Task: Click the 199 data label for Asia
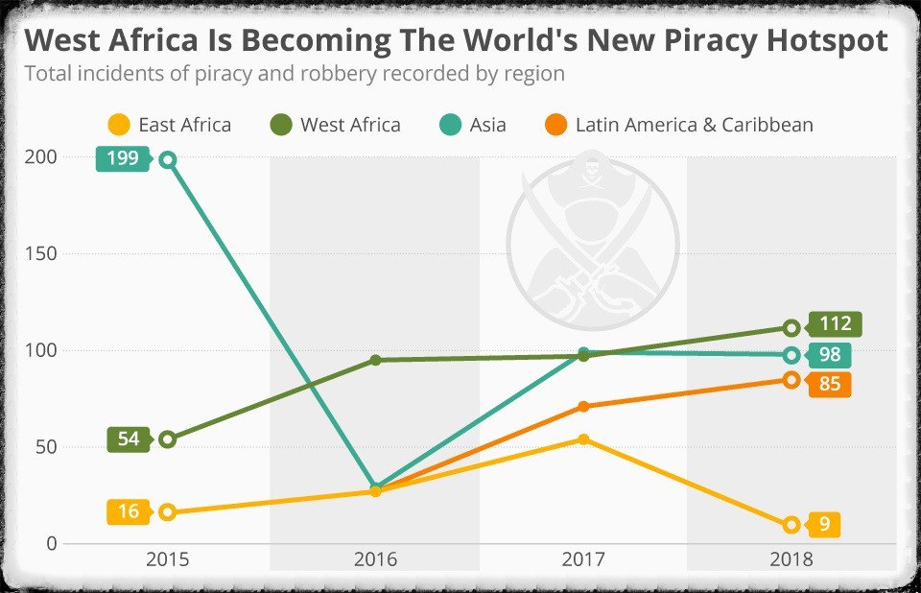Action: (122, 158)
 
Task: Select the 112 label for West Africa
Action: (835, 324)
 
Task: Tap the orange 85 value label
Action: (830, 385)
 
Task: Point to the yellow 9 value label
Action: (824, 525)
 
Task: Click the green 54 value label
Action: (129, 439)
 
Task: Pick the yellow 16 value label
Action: (129, 511)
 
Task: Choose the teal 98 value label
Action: (830, 355)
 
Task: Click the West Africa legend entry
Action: (335, 125)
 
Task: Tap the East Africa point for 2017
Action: (583, 439)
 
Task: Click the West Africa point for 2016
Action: (375, 360)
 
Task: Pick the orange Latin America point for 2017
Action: (583, 407)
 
